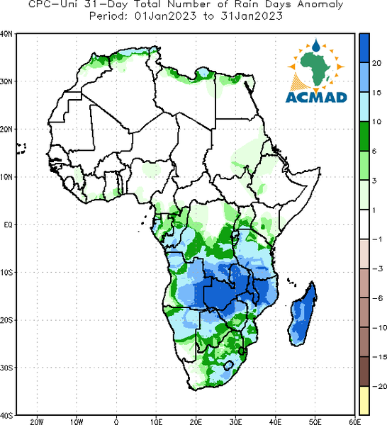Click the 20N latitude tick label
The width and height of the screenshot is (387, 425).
pos(6,130)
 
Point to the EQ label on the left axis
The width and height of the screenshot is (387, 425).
pos(8,225)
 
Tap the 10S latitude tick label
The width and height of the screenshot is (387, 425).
pos(6,273)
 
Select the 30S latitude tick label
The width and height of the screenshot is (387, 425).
pos(6,368)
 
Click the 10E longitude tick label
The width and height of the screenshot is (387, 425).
pos(156,421)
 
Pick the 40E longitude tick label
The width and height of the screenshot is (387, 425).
pos(276,421)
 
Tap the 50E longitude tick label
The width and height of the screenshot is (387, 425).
pos(315,421)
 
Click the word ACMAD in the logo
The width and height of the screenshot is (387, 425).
pos(316,97)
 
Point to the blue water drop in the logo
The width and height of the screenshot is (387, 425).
pos(316,45)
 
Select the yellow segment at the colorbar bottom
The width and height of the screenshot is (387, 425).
pos(364,400)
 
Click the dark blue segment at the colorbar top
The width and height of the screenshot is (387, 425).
pos(364,48)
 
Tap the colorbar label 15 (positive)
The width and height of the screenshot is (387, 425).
pos(376,93)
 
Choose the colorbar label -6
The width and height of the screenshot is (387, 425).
pos(377,298)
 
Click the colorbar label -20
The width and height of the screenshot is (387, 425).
pos(379,386)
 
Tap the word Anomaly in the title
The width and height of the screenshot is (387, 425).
pos(320,5)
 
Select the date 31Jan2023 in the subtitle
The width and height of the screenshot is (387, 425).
pos(252,16)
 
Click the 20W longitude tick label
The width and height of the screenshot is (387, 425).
pos(37,421)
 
